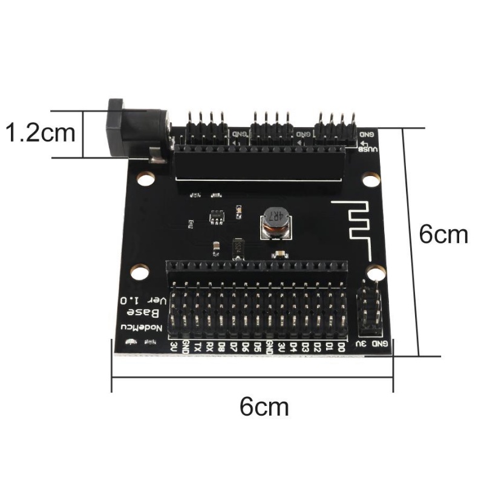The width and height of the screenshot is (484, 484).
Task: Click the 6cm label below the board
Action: tap(264, 407)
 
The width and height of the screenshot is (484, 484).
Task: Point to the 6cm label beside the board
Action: tap(444, 235)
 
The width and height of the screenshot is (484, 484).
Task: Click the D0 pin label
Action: tap(341, 347)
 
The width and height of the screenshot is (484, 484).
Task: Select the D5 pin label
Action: tap(257, 347)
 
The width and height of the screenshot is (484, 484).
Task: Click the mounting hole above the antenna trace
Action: tap(370, 180)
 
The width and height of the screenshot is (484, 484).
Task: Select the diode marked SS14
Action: tap(238, 247)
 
